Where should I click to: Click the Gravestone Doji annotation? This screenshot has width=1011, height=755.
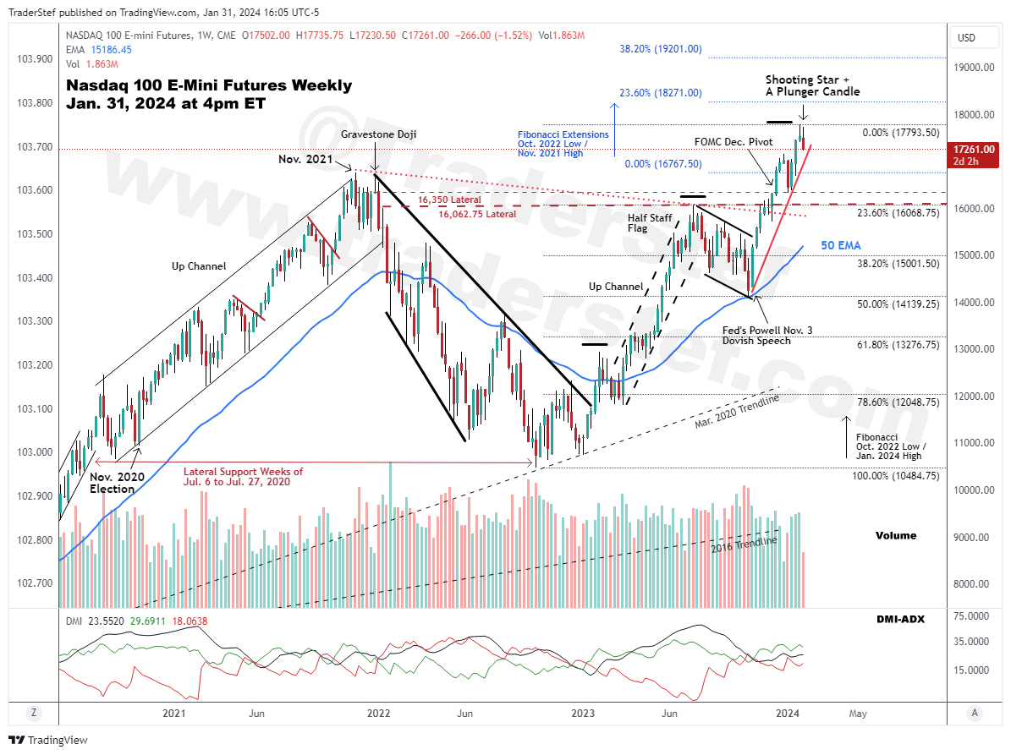click(378, 134)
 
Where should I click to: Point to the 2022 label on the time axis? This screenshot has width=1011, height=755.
click(378, 714)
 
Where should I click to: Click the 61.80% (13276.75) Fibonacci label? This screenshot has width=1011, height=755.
click(898, 345)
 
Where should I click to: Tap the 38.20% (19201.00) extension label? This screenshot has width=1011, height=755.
click(660, 49)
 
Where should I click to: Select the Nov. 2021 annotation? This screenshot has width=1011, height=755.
click(307, 159)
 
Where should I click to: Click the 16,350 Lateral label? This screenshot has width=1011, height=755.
click(449, 200)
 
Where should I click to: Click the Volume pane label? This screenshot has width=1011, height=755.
click(895, 535)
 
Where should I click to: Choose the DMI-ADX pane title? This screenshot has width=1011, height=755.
click(900, 619)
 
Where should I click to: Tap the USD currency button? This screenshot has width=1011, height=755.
click(966, 38)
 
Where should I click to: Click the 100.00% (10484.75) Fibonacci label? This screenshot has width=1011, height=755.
click(895, 476)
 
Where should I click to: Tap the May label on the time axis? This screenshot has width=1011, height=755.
click(857, 714)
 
